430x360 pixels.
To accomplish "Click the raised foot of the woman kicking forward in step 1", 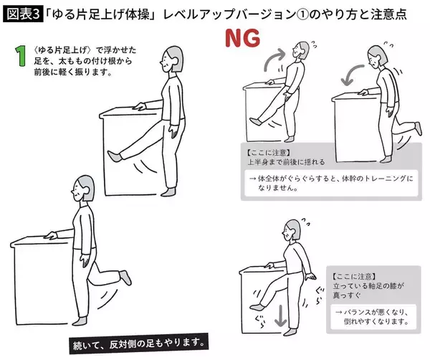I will pos(112,153).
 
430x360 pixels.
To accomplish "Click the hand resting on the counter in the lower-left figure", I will pos(49,235).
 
